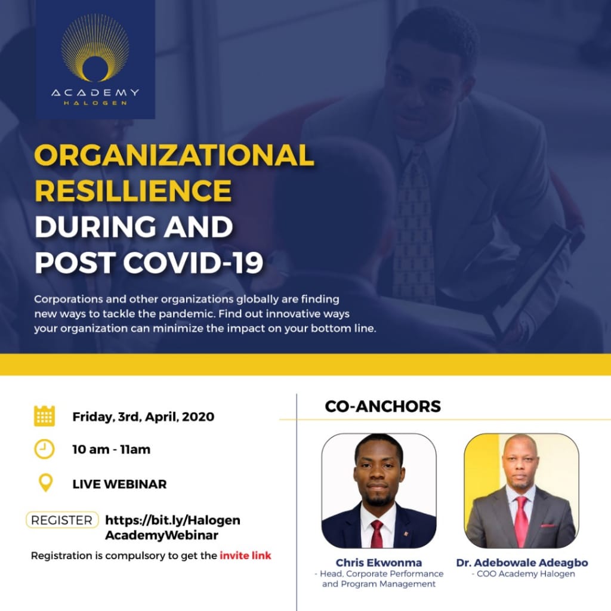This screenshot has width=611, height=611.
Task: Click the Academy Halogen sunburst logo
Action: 95,49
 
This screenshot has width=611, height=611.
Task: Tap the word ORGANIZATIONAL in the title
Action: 174,156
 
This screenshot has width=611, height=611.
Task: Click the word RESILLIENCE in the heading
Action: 133,191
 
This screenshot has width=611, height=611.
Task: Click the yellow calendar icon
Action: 44,416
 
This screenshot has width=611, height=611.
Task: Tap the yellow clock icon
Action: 44,449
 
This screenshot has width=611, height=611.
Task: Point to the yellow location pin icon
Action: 45,483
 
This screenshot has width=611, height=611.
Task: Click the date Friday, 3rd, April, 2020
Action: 143,416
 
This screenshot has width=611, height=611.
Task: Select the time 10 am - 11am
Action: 112,450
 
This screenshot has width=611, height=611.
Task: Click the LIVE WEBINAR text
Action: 119,484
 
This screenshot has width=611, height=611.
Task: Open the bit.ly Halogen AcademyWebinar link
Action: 172,527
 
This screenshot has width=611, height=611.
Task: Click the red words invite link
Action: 245,556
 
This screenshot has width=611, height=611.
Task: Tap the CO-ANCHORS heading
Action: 382,406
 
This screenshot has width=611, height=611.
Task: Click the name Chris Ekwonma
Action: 378,563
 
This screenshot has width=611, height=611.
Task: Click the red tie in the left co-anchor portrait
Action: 377,533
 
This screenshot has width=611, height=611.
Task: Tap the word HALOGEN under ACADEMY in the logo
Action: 95,103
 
